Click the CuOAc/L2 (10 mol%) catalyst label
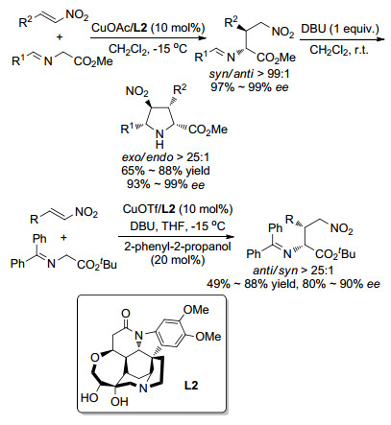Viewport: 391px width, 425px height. coord(148,28)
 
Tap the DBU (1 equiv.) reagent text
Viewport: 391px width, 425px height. coord(340,29)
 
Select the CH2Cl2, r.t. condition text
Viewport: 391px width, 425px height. coord(339,50)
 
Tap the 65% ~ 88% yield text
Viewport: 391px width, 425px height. coord(165,171)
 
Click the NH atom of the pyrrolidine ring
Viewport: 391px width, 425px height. coord(159,140)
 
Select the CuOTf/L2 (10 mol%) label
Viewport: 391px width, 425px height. coord(178,209)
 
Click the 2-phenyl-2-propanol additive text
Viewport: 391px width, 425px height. coord(178,247)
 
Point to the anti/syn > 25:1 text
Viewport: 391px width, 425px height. coord(293,271)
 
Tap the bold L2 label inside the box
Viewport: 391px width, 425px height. coord(191,386)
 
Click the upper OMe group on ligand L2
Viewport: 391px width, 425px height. coord(197,310)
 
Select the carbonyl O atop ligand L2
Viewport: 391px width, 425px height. coord(126,314)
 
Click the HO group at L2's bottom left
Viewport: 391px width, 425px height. coord(89,397)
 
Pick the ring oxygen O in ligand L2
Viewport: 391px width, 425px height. coord(94,358)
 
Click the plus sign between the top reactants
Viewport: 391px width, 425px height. coord(60,36)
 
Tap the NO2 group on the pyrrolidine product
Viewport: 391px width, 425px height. coord(137,92)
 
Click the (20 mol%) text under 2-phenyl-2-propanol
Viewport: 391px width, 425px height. coord(178,260)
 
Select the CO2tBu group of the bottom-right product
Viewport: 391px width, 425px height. coord(335,254)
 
